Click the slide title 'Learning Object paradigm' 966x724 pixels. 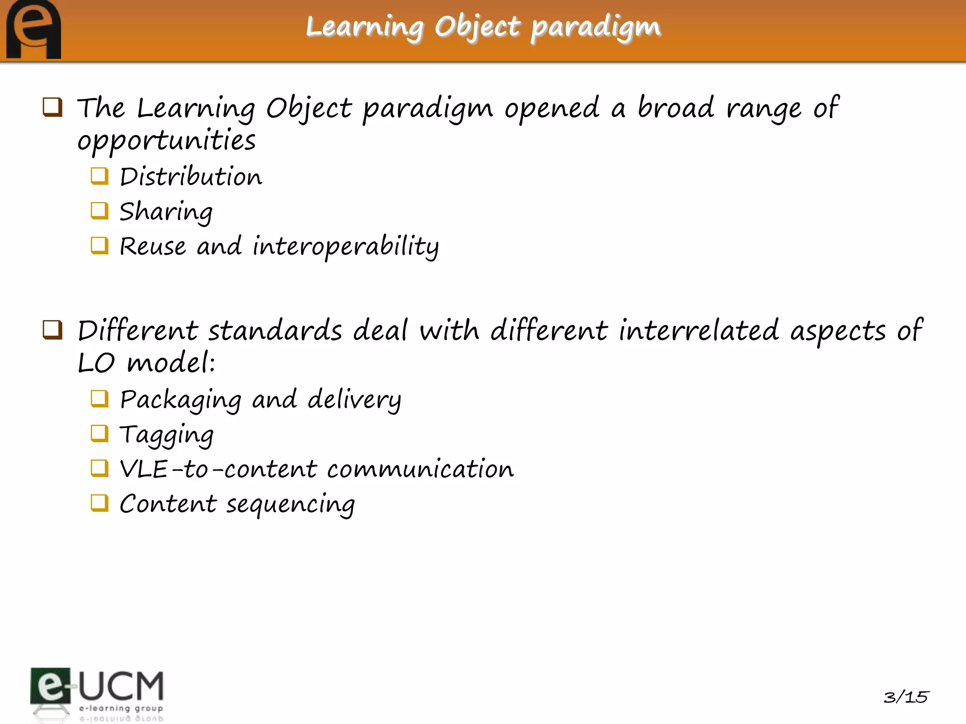483,27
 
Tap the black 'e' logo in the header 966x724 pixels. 33,30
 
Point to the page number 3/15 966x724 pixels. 906,697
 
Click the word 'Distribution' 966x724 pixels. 191,177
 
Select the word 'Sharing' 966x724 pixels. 166,212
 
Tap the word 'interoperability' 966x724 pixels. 345,247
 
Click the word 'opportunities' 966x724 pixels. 167,141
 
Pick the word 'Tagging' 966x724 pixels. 167,435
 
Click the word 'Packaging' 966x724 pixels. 181,400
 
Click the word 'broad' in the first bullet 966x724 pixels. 676,107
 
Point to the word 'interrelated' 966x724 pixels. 699,330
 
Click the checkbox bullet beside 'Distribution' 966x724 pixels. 100,176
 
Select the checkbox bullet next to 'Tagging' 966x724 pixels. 100,434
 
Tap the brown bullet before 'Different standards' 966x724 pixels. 52,329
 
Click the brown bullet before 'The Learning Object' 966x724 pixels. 52,107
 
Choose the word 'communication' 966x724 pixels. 420,469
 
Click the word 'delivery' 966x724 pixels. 354,400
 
